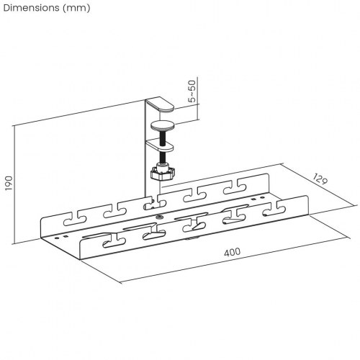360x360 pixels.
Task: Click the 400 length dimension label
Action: pyautogui.click(x=231, y=253)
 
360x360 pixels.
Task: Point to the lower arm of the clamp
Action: pyautogui.click(x=161, y=144)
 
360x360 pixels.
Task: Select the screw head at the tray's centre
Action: pyautogui.click(x=158, y=217)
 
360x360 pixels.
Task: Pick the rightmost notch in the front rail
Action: pyautogui.click(x=274, y=208)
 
